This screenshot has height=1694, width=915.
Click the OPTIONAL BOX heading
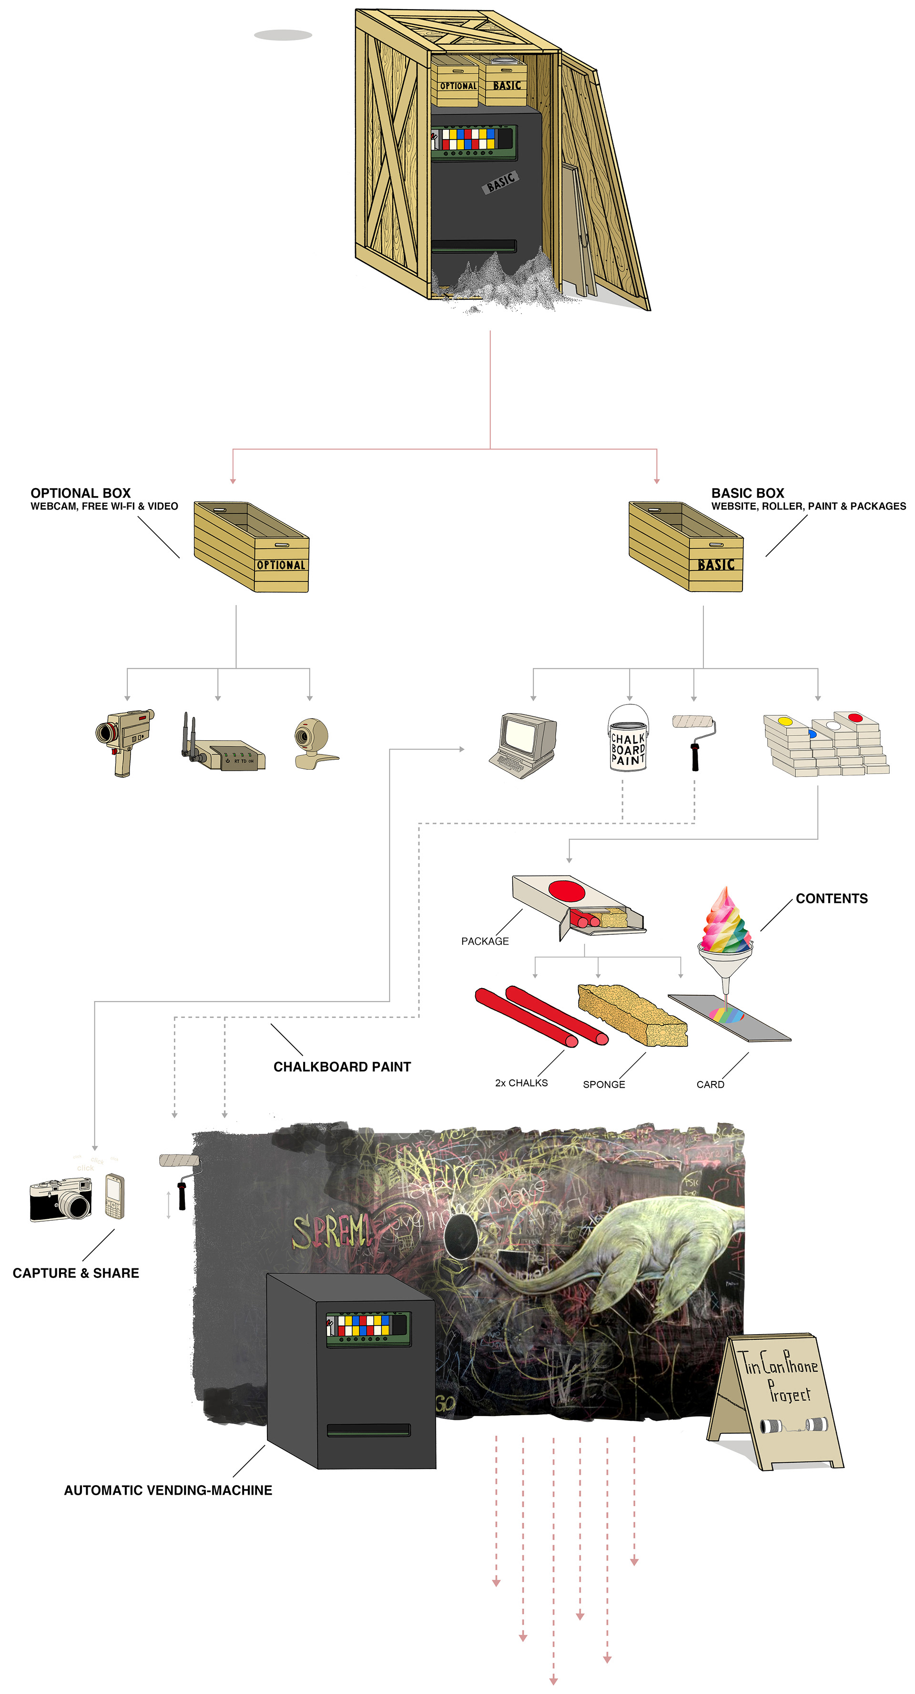click(81, 493)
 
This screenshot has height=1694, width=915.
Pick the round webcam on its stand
click(313, 743)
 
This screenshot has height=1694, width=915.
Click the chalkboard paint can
click(628, 739)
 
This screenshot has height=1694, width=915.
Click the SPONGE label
click(603, 1085)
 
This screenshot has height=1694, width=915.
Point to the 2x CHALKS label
click(521, 1083)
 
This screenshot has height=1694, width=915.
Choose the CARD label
click(710, 1085)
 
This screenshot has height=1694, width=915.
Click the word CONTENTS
click(832, 899)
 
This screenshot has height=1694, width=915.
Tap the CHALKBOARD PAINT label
click(342, 1067)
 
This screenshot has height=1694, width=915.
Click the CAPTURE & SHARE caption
click(76, 1273)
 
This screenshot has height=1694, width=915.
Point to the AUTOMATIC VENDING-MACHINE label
click(168, 1491)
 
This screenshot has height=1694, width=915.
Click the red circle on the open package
click(566, 891)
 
